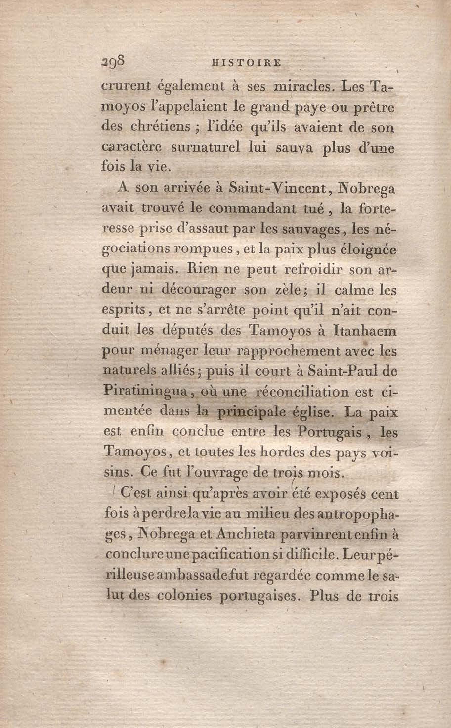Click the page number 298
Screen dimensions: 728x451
(x=113, y=63)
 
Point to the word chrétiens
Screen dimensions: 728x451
(x=160, y=127)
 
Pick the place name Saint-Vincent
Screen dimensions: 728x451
(x=277, y=188)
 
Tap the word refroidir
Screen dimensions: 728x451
(x=314, y=270)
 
